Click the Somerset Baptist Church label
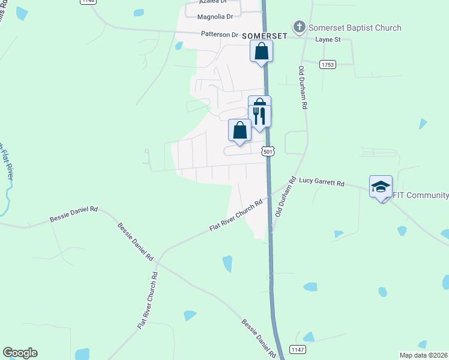[355, 28]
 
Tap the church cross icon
[299, 27]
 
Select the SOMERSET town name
[265, 36]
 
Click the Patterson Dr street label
[220, 35]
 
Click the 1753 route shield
[327, 64]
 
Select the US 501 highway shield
[268, 152]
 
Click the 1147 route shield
[297, 349]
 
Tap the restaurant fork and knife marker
[260, 115]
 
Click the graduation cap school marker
[381, 187]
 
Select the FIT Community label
[420, 196]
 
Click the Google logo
[20, 353]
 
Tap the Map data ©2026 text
[424, 355]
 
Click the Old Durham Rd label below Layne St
[303, 88]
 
